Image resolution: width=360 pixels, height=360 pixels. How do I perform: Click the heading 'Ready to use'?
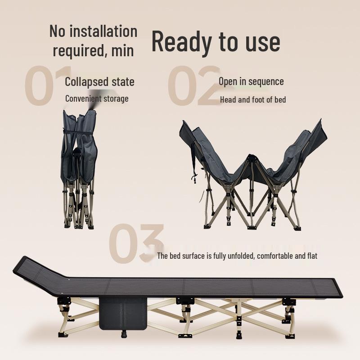(x=216, y=41)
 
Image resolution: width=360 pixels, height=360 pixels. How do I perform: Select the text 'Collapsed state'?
(x=99, y=82)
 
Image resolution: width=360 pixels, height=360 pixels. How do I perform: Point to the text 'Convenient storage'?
(x=97, y=99)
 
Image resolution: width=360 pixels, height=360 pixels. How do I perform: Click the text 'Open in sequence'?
(x=251, y=81)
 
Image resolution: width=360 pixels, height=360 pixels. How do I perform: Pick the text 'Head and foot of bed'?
(x=253, y=100)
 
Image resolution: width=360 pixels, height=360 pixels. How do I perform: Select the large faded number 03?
(x=135, y=245)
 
